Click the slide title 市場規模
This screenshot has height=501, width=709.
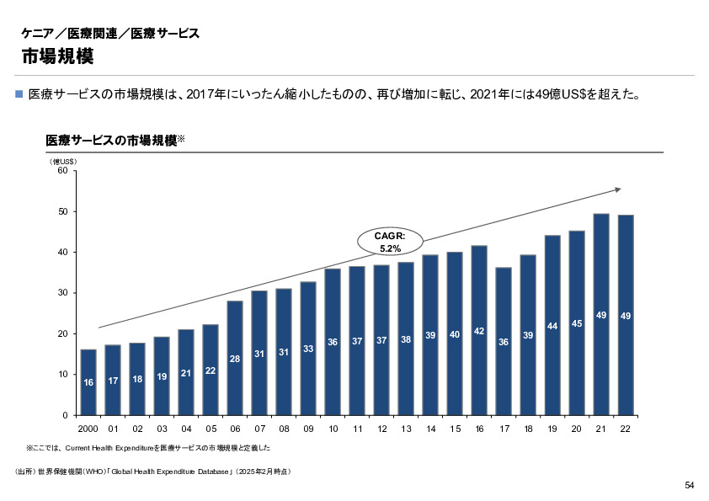tap(57, 56)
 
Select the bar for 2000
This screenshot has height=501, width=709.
tap(88, 382)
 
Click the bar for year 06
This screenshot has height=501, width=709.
tap(235, 358)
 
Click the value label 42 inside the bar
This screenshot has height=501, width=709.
tap(479, 332)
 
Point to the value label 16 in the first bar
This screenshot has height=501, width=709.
tap(88, 383)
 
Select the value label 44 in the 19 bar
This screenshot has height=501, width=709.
tap(552, 326)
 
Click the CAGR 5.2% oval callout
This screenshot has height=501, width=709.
tap(390, 243)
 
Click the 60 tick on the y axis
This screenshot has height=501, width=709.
tap(61, 171)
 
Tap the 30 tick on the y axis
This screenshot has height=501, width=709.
tap(61, 293)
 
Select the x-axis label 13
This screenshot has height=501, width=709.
tap(406, 429)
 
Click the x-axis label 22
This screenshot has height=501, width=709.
tap(626, 429)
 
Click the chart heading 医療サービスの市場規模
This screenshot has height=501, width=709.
tap(110, 141)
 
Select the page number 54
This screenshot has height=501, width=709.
tap(689, 485)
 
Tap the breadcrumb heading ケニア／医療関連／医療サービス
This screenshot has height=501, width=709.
tap(110, 34)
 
